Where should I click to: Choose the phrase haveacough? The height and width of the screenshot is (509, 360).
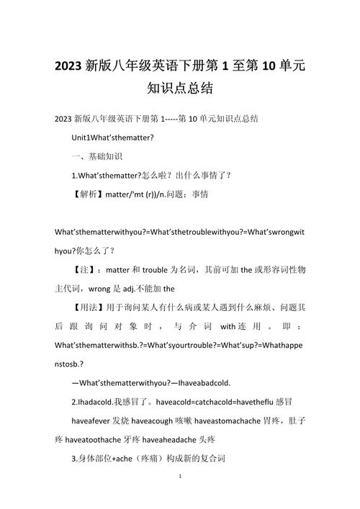coord(158,419)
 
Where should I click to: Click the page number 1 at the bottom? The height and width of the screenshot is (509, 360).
coord(180,477)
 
